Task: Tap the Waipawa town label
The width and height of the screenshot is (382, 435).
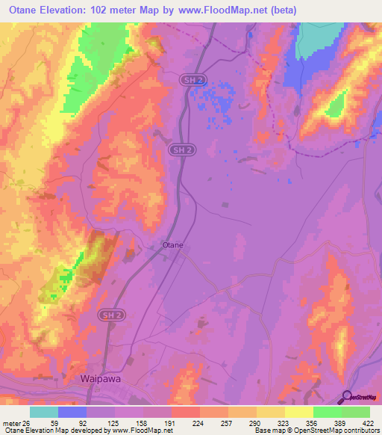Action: pos(101,379)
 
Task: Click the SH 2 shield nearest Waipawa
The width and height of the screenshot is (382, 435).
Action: pos(108,317)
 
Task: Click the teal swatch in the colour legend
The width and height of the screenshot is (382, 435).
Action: pos(44,411)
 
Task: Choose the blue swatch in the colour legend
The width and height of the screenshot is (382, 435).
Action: pos(72,411)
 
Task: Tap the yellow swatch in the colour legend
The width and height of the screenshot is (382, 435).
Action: pos(298,411)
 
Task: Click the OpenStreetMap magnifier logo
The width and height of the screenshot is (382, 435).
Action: pos(348,397)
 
